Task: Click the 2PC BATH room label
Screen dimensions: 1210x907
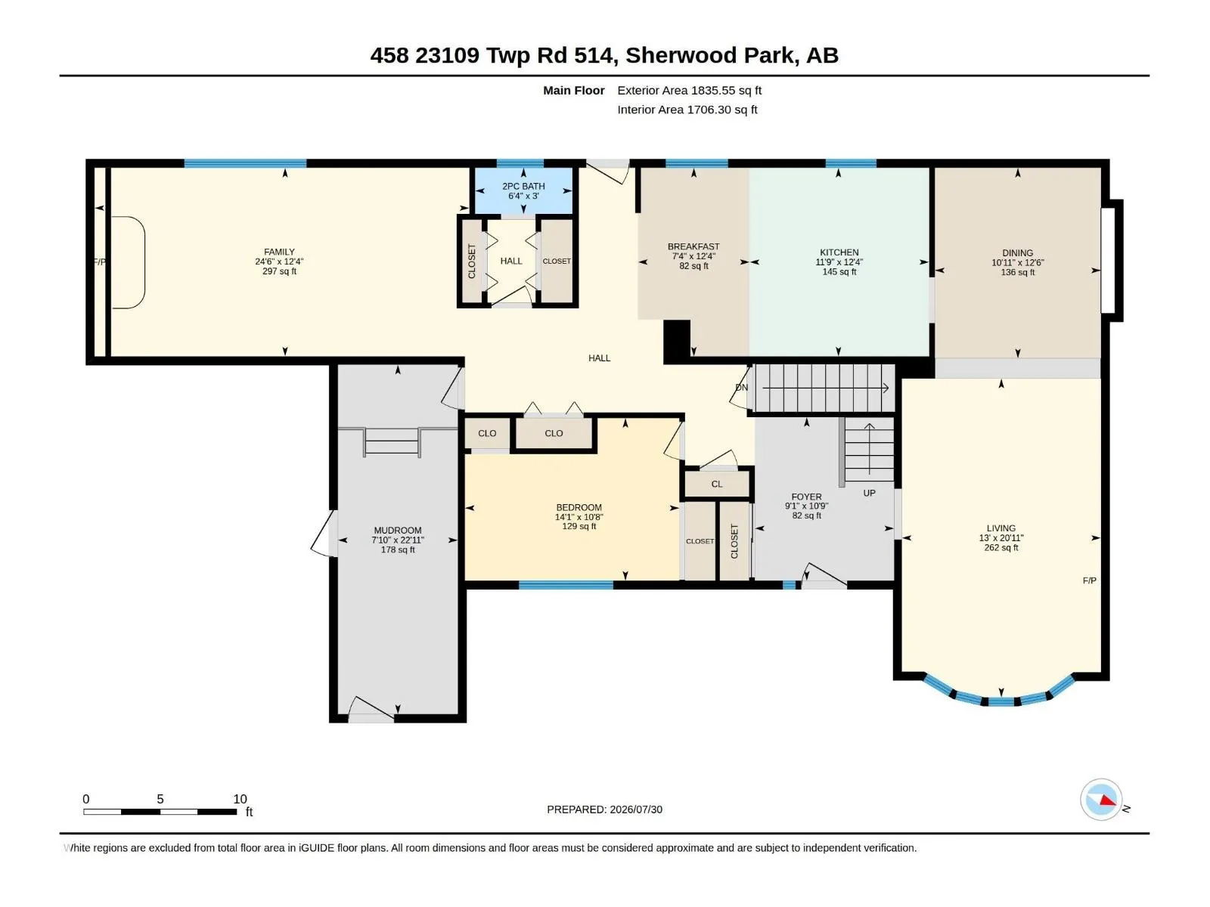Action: click(523, 186)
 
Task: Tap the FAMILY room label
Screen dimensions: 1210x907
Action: click(279, 252)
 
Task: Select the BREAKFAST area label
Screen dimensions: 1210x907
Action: click(693, 246)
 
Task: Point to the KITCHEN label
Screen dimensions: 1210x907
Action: click(839, 252)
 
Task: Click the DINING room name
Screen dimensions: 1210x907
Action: click(1017, 253)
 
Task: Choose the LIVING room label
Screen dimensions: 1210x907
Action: click(1001, 528)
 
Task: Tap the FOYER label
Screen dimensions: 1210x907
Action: click(806, 497)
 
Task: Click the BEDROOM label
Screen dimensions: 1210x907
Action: click(579, 507)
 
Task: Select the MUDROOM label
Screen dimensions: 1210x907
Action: click(398, 531)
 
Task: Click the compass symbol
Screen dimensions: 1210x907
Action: click(1101, 799)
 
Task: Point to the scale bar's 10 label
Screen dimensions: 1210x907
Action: click(240, 798)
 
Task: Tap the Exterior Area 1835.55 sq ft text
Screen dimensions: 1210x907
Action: click(689, 90)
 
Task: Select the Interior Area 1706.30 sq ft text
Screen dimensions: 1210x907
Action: click(687, 110)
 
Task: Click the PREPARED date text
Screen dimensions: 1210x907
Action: click(604, 809)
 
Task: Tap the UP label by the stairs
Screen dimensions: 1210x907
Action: click(869, 493)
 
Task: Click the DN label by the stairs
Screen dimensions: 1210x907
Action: click(741, 388)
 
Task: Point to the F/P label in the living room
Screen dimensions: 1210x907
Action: click(1089, 580)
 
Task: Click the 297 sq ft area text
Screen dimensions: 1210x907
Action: click(279, 271)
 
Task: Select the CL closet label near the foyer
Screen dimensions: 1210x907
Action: click(716, 484)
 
